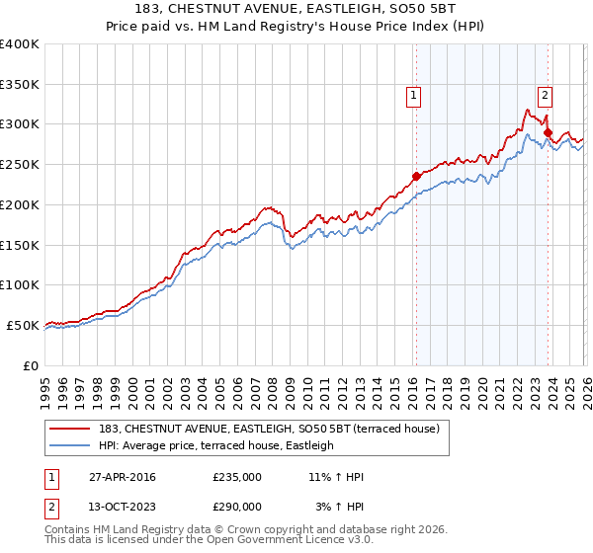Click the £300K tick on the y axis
[x=20, y=124]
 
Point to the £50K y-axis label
[x=23, y=325]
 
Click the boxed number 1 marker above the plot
[x=413, y=96]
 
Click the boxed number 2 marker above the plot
[x=545, y=96]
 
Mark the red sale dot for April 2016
[x=416, y=177]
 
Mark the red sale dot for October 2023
[x=547, y=131]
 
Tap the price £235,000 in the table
[x=237, y=478]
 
